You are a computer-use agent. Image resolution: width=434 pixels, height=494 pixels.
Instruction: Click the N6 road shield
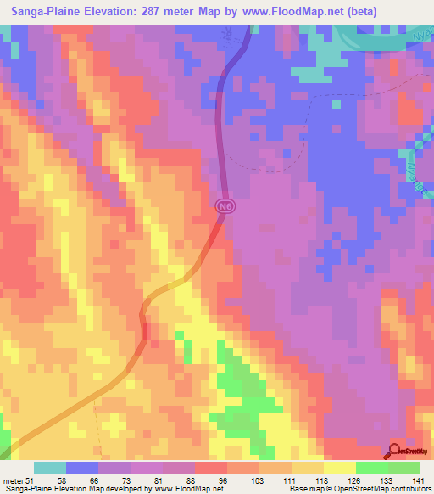[x=223, y=205]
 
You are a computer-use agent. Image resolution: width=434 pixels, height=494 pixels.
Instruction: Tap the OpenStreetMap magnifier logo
[x=395, y=452]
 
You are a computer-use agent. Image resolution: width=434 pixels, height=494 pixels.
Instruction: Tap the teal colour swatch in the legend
[x=49, y=468]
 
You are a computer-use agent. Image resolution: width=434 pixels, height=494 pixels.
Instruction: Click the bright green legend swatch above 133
[x=372, y=468]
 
